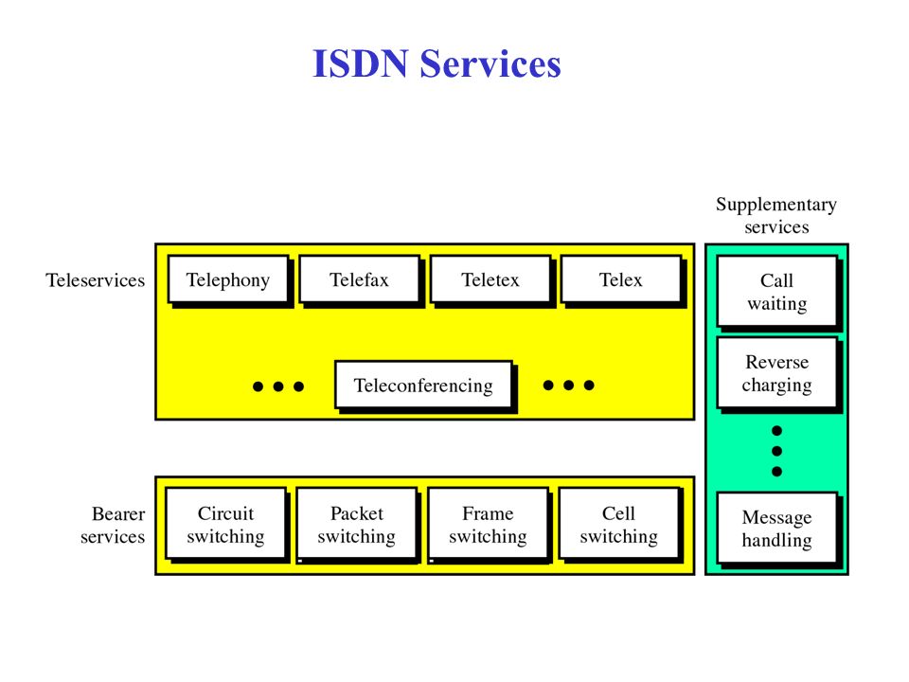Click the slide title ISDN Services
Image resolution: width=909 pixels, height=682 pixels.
click(437, 65)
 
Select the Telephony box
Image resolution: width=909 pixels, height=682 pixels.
click(227, 279)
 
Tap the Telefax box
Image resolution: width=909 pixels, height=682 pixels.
click(359, 279)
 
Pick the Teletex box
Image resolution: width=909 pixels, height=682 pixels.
click(490, 279)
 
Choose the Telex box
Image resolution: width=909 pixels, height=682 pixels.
click(620, 279)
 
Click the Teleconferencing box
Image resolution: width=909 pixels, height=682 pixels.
click(423, 386)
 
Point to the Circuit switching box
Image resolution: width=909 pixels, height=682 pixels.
click(225, 525)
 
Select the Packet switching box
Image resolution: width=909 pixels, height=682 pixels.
click(356, 525)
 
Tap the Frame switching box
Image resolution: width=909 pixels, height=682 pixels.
click(488, 525)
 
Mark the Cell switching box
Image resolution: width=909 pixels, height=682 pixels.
click(618, 525)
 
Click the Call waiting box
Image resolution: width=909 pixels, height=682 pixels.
click(776, 292)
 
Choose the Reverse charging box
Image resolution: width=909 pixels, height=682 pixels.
click(776, 373)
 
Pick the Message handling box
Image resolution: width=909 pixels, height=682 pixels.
click(776, 529)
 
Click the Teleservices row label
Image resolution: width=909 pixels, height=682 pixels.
click(96, 280)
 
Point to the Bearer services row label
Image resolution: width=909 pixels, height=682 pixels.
click(113, 526)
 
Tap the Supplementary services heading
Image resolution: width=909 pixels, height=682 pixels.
click(776, 215)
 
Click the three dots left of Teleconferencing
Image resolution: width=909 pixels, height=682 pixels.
click(278, 386)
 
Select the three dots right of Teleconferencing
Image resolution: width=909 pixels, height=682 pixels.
click(568, 386)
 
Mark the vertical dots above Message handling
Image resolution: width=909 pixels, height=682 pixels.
click(776, 451)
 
